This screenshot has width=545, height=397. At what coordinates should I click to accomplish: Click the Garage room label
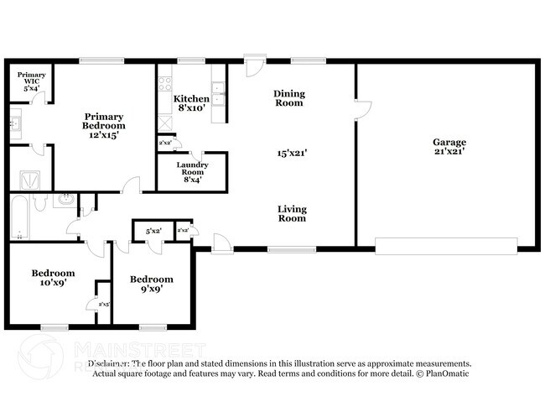tap(449, 147)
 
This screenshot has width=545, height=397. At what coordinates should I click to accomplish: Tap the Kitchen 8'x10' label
tap(191, 103)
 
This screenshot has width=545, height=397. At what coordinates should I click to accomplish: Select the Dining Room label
tap(289, 98)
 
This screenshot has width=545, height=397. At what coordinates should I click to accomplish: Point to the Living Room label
tap(292, 213)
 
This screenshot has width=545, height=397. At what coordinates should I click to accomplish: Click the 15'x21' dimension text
tap(292, 153)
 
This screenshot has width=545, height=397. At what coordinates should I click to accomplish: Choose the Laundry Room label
tap(191, 171)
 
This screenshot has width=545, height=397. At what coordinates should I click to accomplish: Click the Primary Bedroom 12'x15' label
tap(104, 125)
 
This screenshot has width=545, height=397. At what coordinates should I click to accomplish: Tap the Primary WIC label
tap(32, 81)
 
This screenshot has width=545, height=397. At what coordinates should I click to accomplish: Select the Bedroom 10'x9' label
tap(53, 278)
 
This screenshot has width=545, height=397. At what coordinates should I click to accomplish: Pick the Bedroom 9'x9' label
tap(152, 284)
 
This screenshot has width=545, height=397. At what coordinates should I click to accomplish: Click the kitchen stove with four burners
tap(164, 85)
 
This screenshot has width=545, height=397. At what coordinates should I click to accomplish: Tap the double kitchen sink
tap(218, 93)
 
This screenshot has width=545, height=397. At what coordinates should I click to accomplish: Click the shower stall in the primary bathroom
tap(32, 180)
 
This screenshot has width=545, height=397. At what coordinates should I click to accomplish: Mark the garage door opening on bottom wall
tap(446, 245)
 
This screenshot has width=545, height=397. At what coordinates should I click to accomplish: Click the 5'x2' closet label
tap(153, 230)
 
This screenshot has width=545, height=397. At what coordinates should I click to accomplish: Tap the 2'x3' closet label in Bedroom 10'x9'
tap(104, 305)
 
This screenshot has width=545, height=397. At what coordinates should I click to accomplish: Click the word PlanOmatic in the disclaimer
tap(446, 373)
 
